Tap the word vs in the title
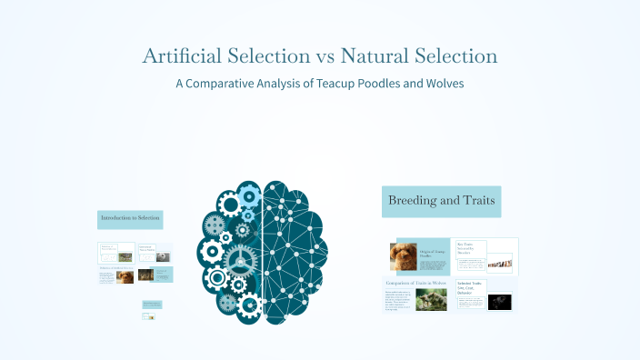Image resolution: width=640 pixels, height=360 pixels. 325,56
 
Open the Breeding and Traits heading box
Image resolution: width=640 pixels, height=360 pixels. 442,201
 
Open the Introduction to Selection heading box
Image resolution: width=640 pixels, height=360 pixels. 130,219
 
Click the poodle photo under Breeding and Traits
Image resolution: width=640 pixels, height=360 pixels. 404,255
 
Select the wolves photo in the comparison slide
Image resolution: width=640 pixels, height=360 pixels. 431,299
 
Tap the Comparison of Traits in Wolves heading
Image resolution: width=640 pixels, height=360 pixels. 416,284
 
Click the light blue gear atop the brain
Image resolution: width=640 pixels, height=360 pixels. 249,193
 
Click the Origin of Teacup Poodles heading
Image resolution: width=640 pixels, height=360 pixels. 432,253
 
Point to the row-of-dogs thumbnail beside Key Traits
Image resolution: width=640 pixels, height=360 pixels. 499,264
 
